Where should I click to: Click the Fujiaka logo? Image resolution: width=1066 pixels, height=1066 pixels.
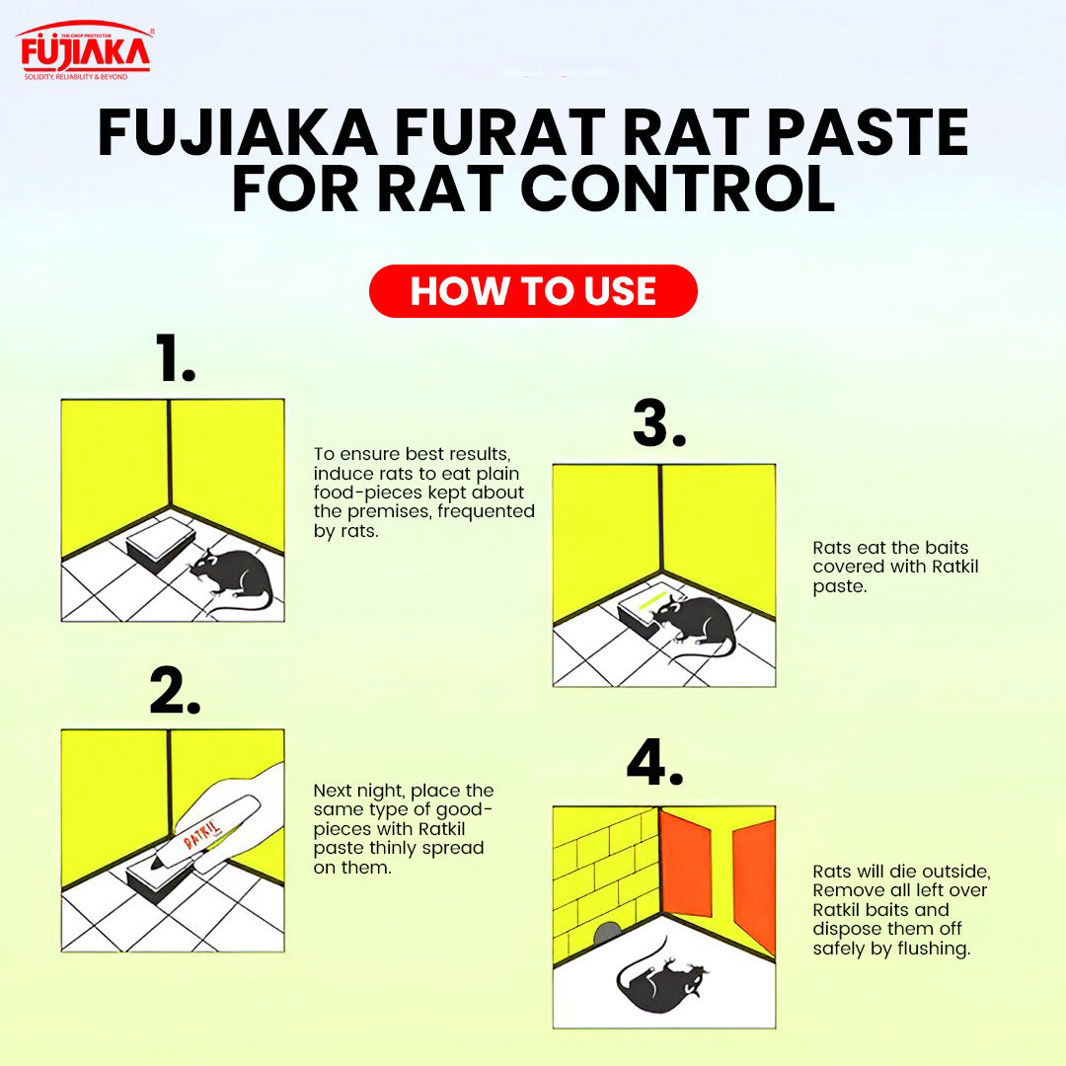pyautogui.click(x=85, y=51)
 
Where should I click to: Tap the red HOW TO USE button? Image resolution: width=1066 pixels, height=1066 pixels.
pyautogui.click(x=533, y=291)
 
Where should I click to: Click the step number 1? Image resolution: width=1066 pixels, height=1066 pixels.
pyautogui.click(x=175, y=357)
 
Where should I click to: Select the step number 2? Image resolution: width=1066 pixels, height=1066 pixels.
pyautogui.click(x=175, y=691)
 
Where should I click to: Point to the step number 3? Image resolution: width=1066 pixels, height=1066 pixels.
pyautogui.click(x=658, y=422)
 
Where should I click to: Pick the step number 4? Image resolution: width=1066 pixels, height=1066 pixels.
pyautogui.click(x=654, y=762)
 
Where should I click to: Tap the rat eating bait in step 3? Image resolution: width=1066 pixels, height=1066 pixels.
pyautogui.click(x=696, y=622)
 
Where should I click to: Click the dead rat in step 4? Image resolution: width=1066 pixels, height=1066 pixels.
pyautogui.click(x=659, y=979)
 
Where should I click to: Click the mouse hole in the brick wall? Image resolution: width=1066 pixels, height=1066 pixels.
pyautogui.click(x=607, y=932)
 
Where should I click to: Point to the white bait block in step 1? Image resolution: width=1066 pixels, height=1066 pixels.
pyautogui.click(x=161, y=541)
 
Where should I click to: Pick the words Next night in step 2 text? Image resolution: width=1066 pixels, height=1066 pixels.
pyautogui.click(x=358, y=791)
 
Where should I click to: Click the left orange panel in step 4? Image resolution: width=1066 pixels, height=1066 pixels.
pyautogui.click(x=685, y=862)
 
